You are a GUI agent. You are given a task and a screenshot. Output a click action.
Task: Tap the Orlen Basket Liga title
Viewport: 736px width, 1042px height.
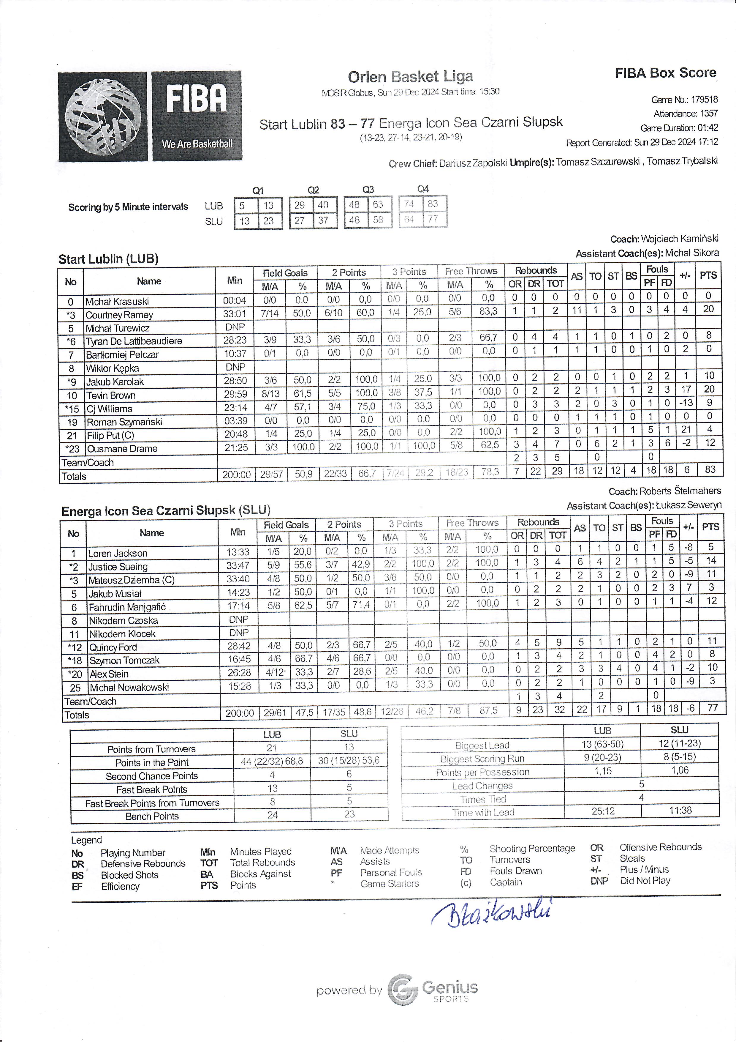[x=410, y=77]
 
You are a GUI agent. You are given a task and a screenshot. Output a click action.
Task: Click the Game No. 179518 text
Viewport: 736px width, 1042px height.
[x=684, y=100]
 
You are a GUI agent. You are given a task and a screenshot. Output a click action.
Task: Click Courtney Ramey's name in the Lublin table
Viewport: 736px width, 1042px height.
[x=119, y=315]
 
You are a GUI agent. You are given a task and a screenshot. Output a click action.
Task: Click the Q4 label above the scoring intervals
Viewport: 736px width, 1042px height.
[x=423, y=189]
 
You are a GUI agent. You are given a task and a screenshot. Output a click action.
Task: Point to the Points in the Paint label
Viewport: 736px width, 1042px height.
[x=151, y=762]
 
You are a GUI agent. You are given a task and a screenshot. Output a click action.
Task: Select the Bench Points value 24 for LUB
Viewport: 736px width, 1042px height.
[x=272, y=815]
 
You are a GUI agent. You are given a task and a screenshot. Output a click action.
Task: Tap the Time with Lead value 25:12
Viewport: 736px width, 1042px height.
[x=603, y=811]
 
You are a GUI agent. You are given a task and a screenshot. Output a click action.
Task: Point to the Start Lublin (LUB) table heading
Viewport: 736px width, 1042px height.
[x=108, y=259]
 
